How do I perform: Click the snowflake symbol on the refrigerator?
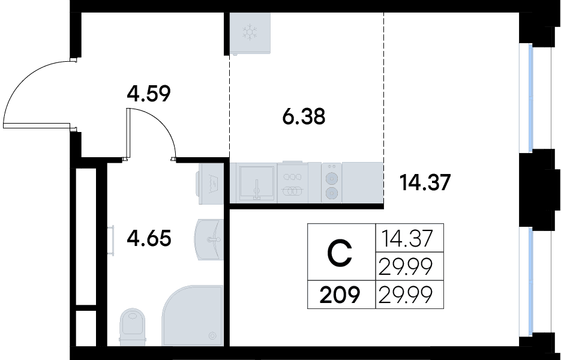[x=250, y=31]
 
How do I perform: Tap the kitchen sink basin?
[x=257, y=182]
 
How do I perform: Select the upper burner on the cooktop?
[x=332, y=178]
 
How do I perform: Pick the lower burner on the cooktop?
[x=332, y=193]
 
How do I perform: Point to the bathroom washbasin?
[x=209, y=239]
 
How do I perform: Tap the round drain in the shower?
[x=212, y=335]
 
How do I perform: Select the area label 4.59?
[x=149, y=94]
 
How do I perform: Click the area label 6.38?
[x=304, y=116]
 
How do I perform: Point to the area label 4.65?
[x=149, y=238]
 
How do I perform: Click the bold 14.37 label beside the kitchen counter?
[x=425, y=182]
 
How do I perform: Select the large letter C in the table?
[x=340, y=253]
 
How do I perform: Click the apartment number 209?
[x=340, y=295]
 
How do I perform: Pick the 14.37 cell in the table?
[x=407, y=238]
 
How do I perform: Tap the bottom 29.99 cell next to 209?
[x=406, y=295]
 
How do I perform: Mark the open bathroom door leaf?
[x=128, y=134]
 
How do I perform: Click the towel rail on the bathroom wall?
[x=111, y=240]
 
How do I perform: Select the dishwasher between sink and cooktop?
[x=293, y=182]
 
